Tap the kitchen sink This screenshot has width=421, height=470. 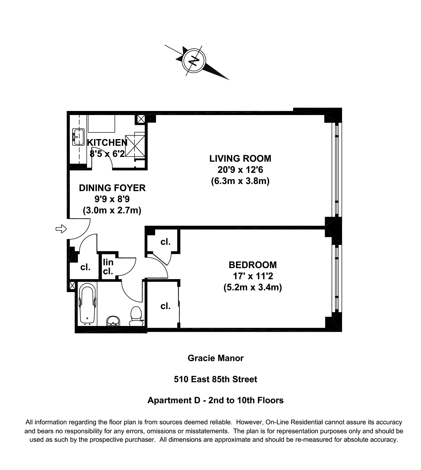coord(78,137)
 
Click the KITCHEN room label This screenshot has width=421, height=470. coord(107,143)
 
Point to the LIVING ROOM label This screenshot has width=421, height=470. coord(240,159)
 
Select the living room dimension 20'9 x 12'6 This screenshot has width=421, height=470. coord(240,170)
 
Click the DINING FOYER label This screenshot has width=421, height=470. coord(112,188)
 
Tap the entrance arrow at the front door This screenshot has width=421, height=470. coord(61,229)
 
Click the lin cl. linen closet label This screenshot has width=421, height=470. coord(108,267)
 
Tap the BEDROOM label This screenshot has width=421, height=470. coord(253,265)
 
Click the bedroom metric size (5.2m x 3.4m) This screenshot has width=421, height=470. coord(253,287)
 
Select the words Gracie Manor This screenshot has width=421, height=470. coord(216,358)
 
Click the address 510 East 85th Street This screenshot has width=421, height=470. coord(215,379)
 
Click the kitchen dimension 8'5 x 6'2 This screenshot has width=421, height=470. coord(107,154)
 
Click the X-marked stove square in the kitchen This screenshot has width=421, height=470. coord(135,146)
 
